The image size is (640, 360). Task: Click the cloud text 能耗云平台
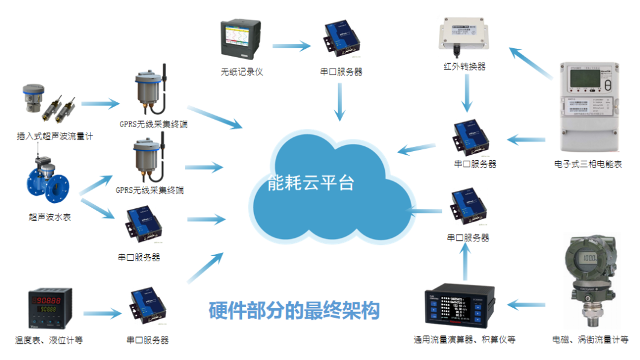coord(311,182)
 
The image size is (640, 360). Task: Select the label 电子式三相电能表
coord(588,163)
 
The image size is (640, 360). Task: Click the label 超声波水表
coord(49,217)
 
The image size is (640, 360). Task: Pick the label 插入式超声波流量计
coord(55,136)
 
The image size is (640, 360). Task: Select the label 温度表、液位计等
coord(49,341)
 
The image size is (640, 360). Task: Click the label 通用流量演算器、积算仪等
coord(464,340)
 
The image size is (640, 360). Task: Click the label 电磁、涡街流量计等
coord(591,340)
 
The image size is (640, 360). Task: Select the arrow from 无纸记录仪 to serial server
coord(291,45)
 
